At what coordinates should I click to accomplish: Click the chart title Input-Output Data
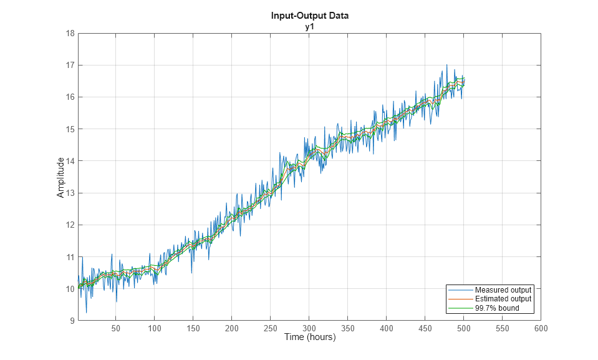[309, 16]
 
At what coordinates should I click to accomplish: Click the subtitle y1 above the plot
[309, 26]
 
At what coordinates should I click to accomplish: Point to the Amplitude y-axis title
[60, 177]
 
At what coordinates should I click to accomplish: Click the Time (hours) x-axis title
[309, 338]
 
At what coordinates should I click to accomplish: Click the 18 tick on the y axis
[70, 33]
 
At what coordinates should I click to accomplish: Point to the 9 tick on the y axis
[72, 321]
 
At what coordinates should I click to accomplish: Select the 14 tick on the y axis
[70, 161]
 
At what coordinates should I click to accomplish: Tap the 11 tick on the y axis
[70, 257]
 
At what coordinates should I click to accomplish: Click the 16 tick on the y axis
[70, 97]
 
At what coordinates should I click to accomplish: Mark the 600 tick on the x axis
[541, 329]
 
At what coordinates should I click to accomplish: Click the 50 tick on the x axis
[116, 329]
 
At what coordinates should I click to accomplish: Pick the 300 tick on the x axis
[309, 329]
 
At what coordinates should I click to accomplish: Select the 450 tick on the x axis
[425, 329]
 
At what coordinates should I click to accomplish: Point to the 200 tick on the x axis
[232, 329]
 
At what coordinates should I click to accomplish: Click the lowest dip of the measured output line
[86, 312]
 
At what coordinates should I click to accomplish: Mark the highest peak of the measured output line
[446, 64]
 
